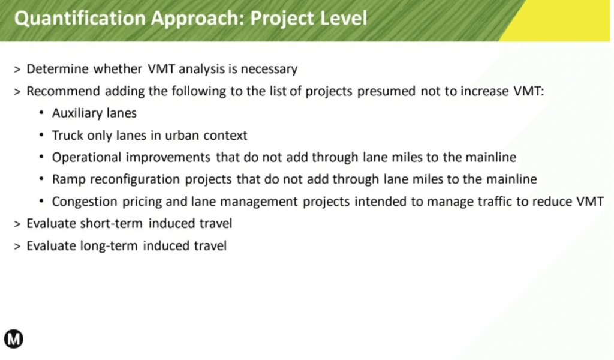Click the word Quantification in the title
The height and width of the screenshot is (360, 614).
click(x=80, y=19)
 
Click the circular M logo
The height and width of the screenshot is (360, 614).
click(x=13, y=339)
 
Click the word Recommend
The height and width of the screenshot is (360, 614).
click(x=63, y=91)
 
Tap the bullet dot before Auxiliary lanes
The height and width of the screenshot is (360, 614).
click(x=41, y=113)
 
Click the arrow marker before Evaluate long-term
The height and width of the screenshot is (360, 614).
click(x=17, y=247)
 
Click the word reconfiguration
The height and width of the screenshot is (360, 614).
click(x=135, y=179)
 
